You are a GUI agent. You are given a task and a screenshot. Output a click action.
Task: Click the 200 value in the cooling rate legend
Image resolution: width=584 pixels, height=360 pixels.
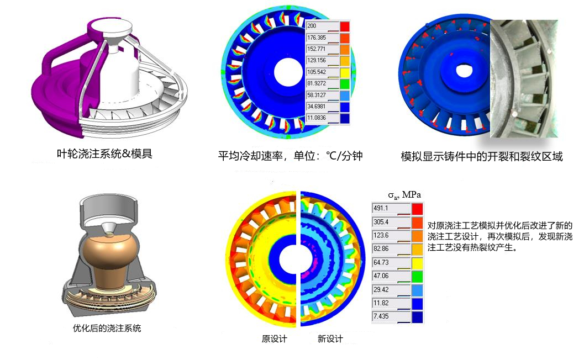[312, 26]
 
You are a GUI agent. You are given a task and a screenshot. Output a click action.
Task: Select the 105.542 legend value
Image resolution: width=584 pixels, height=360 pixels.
[317, 72]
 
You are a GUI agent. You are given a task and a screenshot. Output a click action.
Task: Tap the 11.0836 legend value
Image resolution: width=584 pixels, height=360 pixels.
[317, 118]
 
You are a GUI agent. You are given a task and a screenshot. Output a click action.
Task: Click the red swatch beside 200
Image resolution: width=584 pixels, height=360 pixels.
[345, 27]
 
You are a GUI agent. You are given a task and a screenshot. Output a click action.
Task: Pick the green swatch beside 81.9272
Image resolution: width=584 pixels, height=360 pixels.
[345, 84]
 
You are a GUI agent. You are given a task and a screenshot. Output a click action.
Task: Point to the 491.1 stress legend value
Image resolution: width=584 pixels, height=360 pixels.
[381, 208]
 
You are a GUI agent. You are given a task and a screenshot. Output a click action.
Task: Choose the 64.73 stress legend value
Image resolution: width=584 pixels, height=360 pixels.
[381, 262]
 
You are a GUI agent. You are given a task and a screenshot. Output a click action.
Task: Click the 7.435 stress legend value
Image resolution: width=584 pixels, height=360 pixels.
[381, 316]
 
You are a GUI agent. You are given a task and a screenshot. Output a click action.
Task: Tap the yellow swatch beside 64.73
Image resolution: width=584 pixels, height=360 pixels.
[417, 263]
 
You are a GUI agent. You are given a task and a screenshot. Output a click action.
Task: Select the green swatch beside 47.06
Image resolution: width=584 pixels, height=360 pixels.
[417, 277]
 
